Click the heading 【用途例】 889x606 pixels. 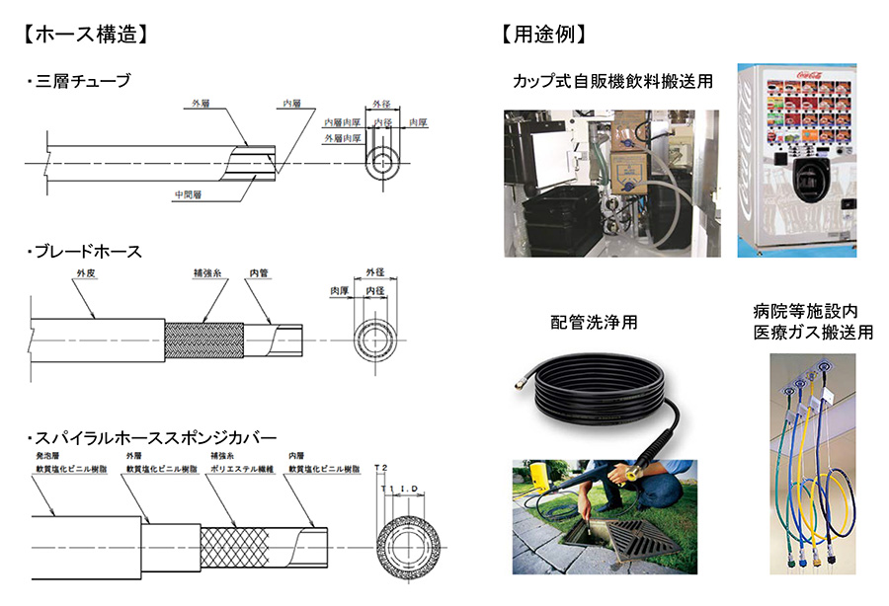[544, 34]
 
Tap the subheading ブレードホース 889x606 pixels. [89, 252]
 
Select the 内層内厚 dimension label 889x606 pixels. [342, 122]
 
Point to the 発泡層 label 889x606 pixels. [48, 458]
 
